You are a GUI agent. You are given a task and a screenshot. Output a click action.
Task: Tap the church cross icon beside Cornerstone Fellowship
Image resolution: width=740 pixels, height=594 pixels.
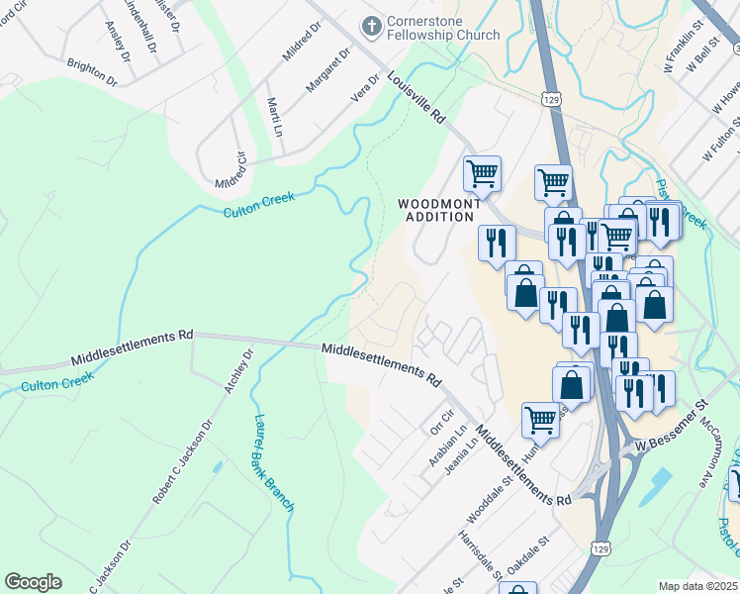point(371,26)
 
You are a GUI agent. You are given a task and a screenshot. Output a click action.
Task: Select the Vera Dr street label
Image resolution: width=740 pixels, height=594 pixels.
point(366,87)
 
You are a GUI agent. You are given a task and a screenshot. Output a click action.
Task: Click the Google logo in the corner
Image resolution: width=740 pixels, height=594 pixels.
point(33,582)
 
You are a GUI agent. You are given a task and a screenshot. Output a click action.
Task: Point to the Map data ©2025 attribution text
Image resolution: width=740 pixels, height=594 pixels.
point(697,586)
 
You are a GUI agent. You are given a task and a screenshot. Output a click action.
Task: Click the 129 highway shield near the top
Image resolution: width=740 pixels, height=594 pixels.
point(552,98)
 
